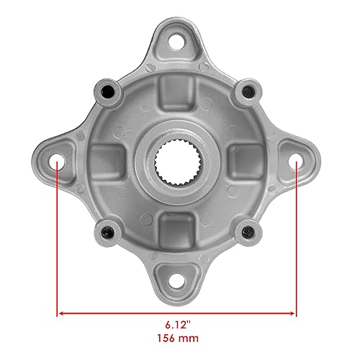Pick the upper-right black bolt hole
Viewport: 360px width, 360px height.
click(x=248, y=91)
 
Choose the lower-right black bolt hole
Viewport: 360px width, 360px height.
click(x=248, y=231)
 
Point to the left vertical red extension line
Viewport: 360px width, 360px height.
click(x=57, y=238)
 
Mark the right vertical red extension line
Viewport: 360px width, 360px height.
click(x=297, y=238)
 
